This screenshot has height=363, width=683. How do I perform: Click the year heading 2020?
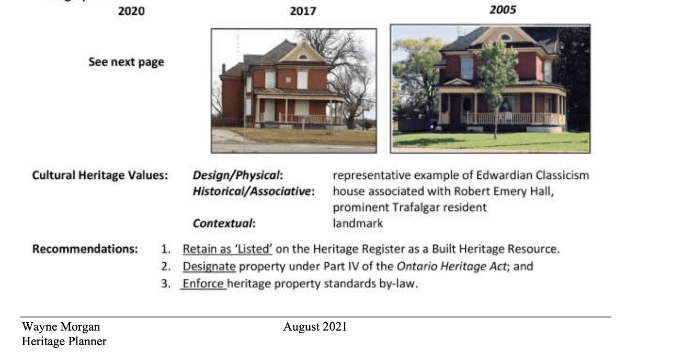coord(131,12)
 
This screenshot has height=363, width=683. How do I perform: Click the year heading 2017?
coord(303,12)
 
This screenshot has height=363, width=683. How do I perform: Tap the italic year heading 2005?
coord(503,10)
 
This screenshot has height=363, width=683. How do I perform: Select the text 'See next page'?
coord(126,62)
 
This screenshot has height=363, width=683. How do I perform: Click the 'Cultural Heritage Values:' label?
coord(100,175)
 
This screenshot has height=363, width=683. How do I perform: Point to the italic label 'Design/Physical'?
coord(236,175)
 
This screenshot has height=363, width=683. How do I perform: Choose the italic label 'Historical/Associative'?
coord(252,191)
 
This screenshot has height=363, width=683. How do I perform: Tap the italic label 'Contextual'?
coord(223,223)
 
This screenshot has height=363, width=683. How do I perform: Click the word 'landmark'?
coord(358,223)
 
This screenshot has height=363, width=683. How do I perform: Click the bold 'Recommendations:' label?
coord(85,249)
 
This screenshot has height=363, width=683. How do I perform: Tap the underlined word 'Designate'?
coord(209,266)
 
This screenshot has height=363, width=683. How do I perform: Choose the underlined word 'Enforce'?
coord(203,283)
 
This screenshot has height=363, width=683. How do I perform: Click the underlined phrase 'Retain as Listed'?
coord(227,249)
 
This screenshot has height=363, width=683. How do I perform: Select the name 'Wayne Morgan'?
coord(61,327)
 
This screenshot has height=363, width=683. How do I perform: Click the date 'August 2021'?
coord(315,327)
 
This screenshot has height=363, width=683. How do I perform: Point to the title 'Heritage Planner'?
coord(64,342)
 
